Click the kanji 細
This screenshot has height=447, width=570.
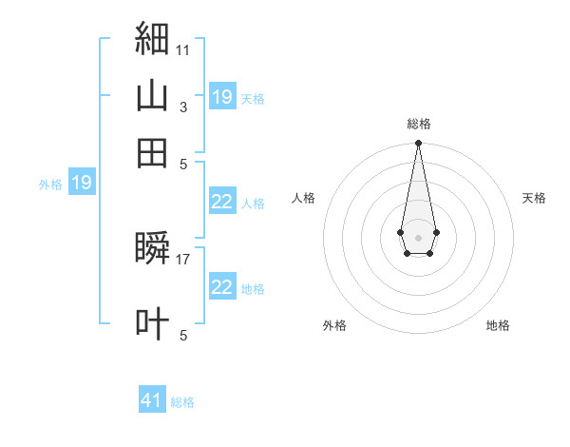click(x=152, y=38)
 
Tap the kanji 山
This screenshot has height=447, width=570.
click(x=152, y=95)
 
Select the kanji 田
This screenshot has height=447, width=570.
click(x=152, y=153)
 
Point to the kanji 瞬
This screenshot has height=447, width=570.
click(x=152, y=247)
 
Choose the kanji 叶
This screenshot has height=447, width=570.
click(x=152, y=323)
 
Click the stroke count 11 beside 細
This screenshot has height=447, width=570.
click(x=182, y=50)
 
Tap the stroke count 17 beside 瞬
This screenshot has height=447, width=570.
click(x=182, y=260)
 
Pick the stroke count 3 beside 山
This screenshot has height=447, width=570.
click(x=183, y=107)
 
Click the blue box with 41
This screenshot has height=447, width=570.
click(x=152, y=398)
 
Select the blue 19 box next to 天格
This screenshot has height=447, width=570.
click(x=223, y=96)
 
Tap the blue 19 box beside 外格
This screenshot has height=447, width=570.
click(x=82, y=182)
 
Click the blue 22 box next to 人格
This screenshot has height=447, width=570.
click(x=223, y=201)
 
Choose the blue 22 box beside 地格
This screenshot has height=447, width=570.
click(x=223, y=285)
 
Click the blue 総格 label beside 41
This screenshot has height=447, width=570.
click(x=182, y=402)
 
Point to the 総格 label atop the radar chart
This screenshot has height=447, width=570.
click(x=419, y=124)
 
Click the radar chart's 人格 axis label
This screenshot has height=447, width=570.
click(x=303, y=198)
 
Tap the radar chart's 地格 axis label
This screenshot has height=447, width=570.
click(x=498, y=325)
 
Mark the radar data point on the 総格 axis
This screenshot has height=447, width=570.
click(x=418, y=143)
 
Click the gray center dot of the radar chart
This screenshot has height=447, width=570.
click(x=418, y=238)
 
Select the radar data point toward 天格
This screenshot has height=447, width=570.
click(x=437, y=232)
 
